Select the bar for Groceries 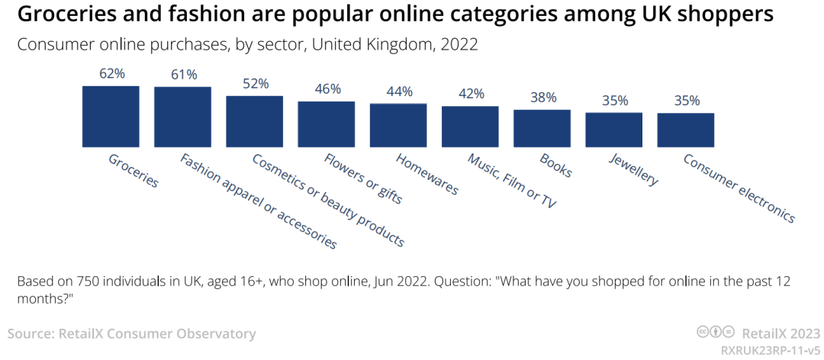111,116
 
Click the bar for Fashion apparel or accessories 182,117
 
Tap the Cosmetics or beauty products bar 254,121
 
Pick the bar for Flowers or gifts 327,124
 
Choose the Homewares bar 398,125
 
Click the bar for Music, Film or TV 470,127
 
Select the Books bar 542,128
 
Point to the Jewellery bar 614,130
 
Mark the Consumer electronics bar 686,130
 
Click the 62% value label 111,73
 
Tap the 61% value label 183,75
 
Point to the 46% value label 327,89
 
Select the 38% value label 543,98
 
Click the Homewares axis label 427,174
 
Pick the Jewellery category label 633,169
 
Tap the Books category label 555,166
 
